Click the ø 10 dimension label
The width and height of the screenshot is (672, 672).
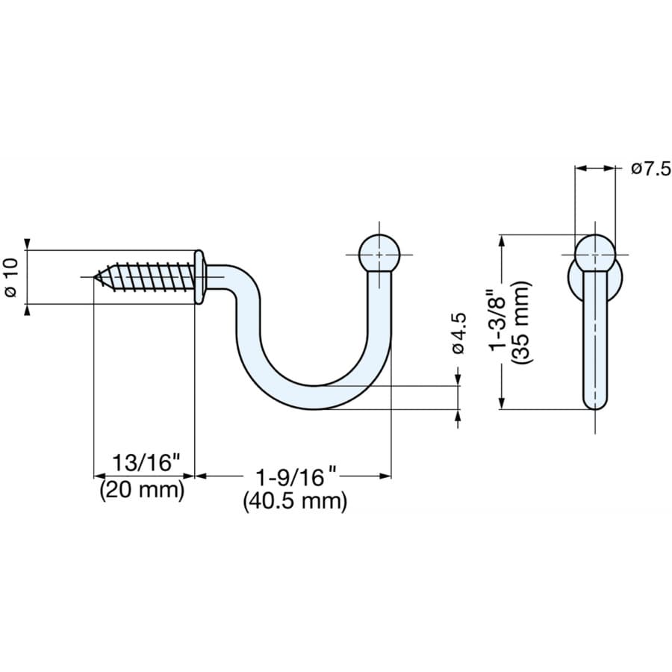[x=10, y=277]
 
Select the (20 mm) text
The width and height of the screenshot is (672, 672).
[x=142, y=490]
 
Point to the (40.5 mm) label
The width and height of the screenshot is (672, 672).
[x=295, y=501]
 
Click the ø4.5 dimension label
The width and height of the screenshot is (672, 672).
[x=458, y=334]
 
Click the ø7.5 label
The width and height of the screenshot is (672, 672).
[x=650, y=169]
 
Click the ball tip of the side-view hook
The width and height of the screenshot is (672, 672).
[x=379, y=254]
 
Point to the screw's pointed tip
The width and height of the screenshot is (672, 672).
[x=96, y=278]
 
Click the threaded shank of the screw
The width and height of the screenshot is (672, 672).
[x=149, y=277]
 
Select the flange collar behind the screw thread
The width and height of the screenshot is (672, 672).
[x=199, y=277]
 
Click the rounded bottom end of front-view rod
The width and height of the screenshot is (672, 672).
[x=595, y=403]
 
